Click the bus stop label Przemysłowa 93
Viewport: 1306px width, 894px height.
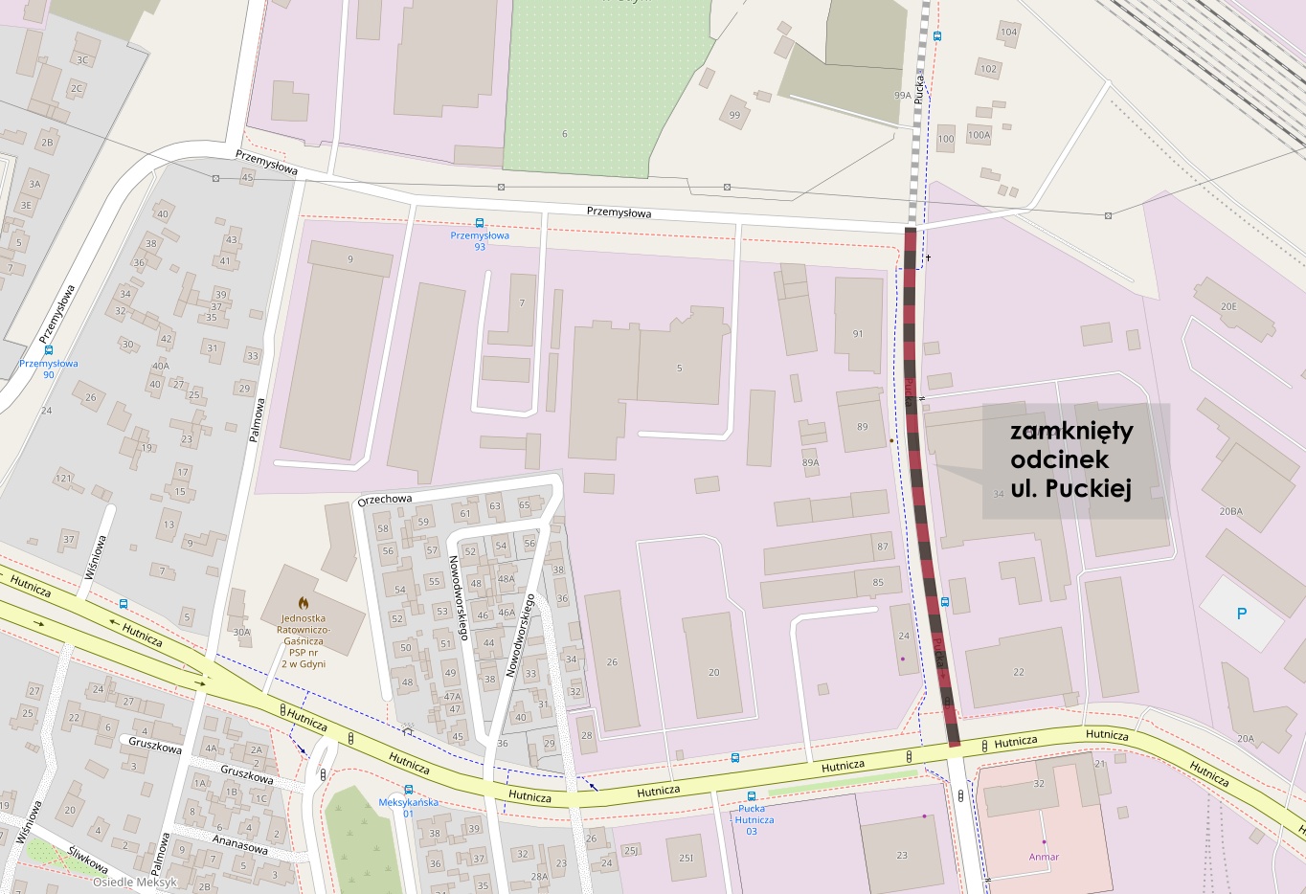pos(480,240)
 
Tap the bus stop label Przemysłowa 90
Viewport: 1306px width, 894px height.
pos(49,369)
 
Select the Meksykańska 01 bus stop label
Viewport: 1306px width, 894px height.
pos(408,808)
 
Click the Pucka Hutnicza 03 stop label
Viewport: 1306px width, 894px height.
pos(754,819)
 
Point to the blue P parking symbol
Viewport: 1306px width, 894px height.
pos(1242,614)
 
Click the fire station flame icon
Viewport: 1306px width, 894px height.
pos(303,603)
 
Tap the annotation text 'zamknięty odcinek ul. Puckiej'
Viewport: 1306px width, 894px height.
pos(1071,459)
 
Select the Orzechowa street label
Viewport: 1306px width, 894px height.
pos(385,500)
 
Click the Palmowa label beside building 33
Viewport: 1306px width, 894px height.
pos(256,419)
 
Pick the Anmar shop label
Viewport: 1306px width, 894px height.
pos(1044,857)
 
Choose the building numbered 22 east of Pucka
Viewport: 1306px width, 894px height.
pos(1019,671)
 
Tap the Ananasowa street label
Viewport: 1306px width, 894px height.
pos(239,845)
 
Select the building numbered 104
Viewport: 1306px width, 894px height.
pos(1009,33)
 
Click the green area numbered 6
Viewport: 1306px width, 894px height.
pos(565,133)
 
